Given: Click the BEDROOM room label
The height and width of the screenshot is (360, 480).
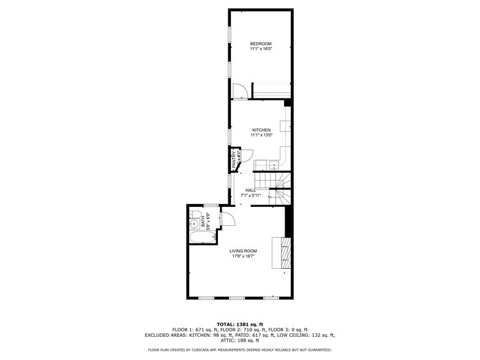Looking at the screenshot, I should pos(261,43).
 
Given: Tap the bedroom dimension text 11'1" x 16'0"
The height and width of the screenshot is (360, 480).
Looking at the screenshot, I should pos(261,49).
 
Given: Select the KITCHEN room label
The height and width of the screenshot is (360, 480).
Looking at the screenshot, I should pos(261,130).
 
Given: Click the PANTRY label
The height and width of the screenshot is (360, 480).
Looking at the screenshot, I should pos(234,160).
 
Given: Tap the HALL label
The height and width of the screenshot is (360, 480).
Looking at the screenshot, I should pos(250,190).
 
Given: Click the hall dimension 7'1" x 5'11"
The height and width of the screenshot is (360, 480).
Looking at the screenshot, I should pos(250,195).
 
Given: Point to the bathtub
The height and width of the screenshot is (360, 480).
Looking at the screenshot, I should pos(201,237).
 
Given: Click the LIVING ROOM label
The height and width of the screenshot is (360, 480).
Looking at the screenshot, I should pos(243,251).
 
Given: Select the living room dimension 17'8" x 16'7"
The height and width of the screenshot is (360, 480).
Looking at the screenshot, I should pos(243,257).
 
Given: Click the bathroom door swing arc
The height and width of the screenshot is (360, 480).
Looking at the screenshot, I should pos(226,219).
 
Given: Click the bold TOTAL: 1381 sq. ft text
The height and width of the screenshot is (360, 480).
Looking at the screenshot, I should pos(239,324).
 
